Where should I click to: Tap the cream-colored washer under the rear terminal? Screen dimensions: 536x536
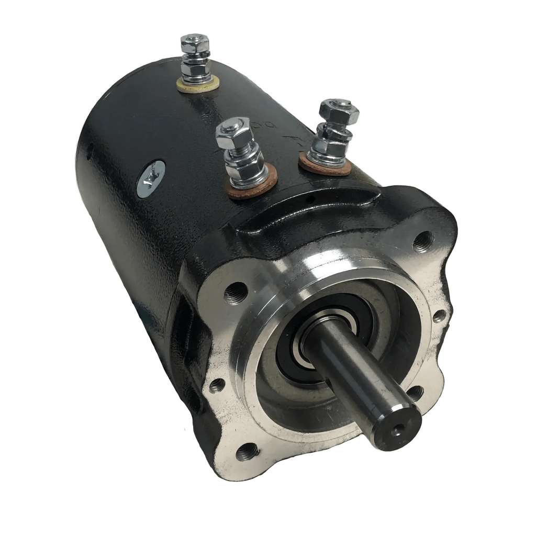197,84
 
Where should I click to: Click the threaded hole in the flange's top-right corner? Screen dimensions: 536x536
423,242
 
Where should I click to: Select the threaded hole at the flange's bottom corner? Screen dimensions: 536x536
247,451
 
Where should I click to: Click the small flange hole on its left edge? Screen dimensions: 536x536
216,387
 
